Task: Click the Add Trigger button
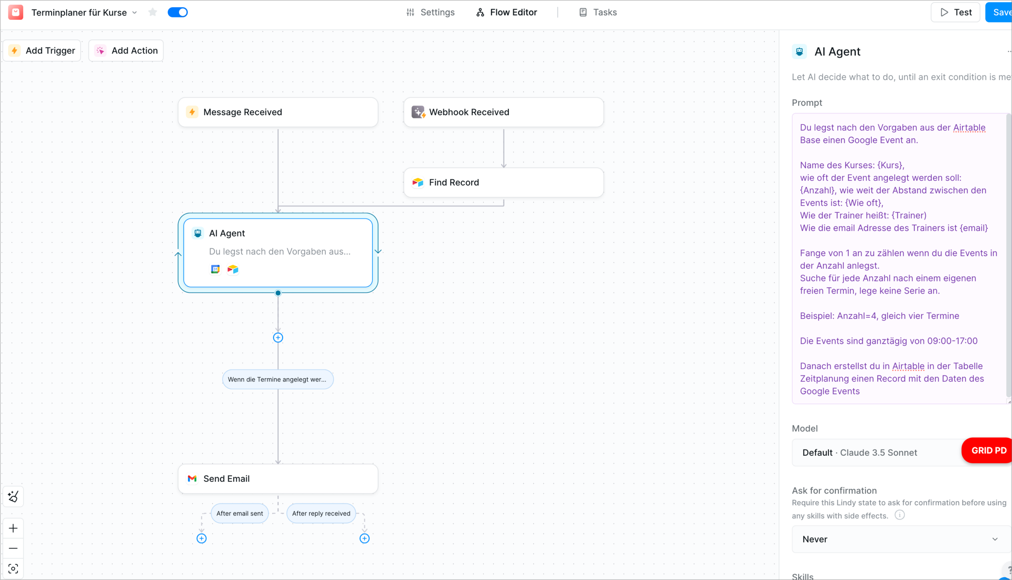click(x=42, y=51)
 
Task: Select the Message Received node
click(x=278, y=112)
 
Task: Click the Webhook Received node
click(x=503, y=112)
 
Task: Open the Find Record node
click(x=503, y=182)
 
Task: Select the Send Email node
click(x=278, y=478)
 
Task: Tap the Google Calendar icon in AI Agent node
click(x=215, y=269)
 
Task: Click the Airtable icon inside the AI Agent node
click(x=233, y=269)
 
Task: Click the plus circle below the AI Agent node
click(x=278, y=338)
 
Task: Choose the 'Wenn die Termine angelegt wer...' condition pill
click(x=278, y=379)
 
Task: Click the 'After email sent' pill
click(x=240, y=514)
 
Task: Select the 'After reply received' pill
click(x=321, y=514)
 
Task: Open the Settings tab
click(x=430, y=12)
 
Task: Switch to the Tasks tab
click(x=598, y=12)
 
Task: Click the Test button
click(x=955, y=12)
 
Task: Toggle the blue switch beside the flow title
click(x=177, y=12)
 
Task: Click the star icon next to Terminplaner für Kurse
click(x=153, y=12)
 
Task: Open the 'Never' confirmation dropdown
click(x=900, y=539)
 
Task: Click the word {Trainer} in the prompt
click(x=909, y=216)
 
